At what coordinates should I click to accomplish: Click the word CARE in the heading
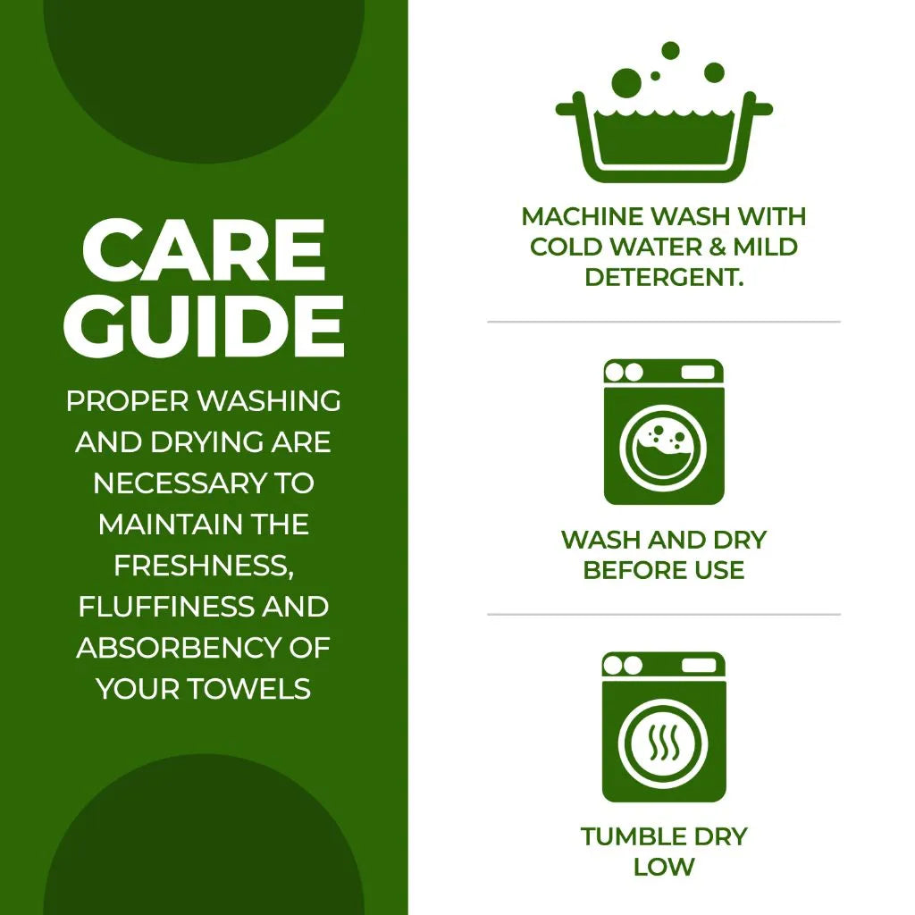[204, 251]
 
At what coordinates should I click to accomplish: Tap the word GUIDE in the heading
[204, 326]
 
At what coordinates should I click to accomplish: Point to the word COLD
[567, 247]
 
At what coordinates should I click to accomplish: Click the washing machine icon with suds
[664, 432]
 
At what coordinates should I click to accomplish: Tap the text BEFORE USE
[664, 570]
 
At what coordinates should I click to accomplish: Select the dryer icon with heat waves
[664, 726]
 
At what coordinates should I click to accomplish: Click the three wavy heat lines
[664, 743]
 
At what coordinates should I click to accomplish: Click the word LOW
[664, 867]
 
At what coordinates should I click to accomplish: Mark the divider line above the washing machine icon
[664, 322]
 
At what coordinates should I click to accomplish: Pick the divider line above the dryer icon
[664, 615]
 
